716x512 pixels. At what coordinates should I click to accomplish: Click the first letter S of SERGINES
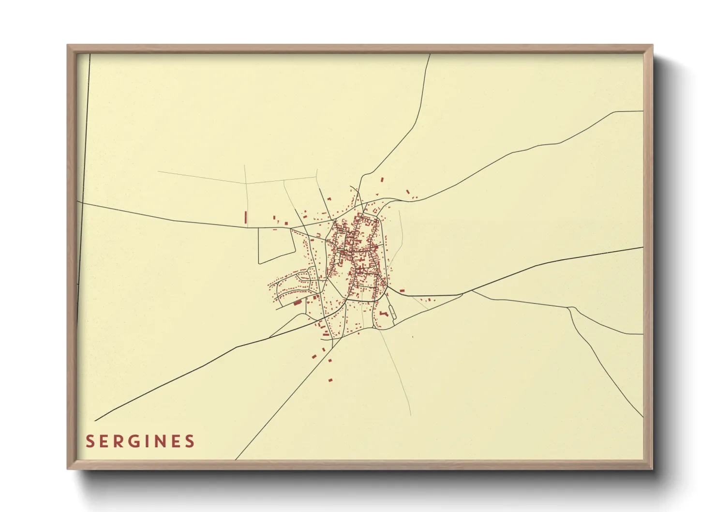[90, 441]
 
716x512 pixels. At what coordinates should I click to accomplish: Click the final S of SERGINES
[190, 441]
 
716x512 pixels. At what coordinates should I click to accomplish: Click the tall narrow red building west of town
[246, 217]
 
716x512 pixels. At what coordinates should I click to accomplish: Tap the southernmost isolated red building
[331, 380]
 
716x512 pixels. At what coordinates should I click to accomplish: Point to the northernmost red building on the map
[382, 180]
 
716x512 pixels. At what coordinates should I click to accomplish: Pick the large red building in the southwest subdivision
[298, 302]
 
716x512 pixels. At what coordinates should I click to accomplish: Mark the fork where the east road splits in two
[472, 291]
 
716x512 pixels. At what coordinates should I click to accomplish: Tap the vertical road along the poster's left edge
[85, 145]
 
